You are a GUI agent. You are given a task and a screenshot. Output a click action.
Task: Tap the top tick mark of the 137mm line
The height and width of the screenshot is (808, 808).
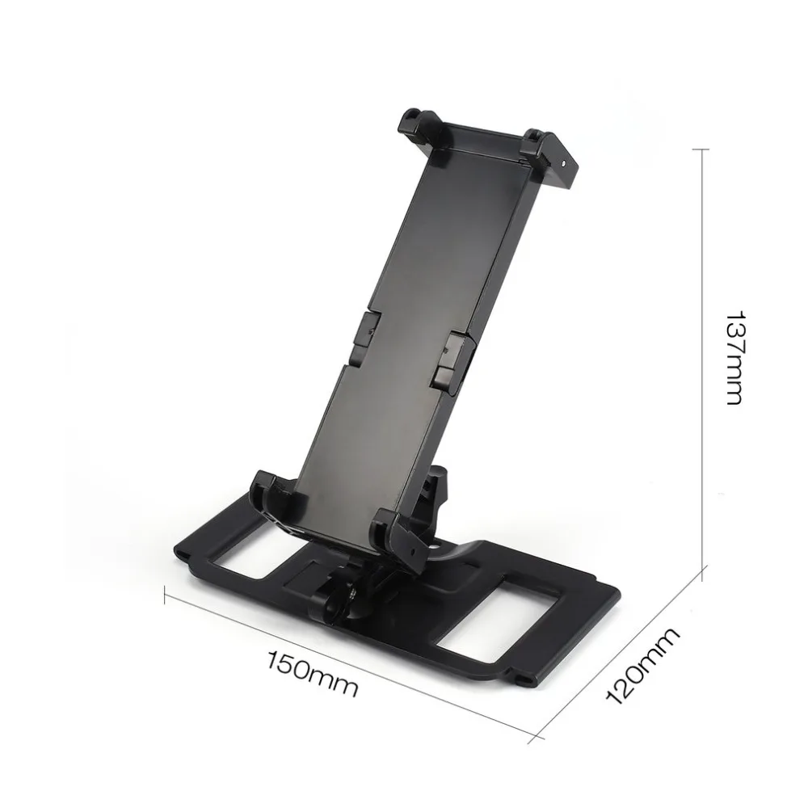(x=701, y=149)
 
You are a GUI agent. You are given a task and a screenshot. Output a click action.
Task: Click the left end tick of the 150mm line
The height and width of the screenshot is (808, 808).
(x=166, y=596)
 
